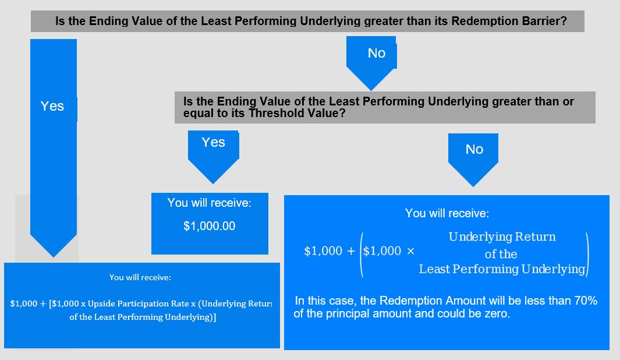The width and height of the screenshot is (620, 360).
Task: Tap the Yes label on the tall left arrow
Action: tap(52, 106)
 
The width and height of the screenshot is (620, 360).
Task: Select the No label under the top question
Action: tap(377, 53)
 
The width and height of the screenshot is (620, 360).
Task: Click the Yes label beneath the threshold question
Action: tap(214, 142)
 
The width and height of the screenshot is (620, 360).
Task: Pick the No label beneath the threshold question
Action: tap(474, 149)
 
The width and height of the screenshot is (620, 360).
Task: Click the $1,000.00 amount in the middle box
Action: tap(209, 226)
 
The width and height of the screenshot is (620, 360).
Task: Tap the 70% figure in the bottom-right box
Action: tap(586, 301)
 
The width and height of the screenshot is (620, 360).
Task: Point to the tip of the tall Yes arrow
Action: tap(54, 257)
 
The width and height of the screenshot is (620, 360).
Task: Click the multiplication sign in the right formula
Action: tap(410, 251)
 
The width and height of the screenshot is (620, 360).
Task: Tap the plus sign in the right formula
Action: tap(350, 251)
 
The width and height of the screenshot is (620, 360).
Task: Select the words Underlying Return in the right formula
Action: tap(502, 237)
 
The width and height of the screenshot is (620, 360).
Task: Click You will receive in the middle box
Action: tap(209, 203)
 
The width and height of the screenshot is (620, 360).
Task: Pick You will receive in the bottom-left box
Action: tap(140, 277)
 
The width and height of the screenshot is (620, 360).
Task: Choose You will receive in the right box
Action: tap(447, 213)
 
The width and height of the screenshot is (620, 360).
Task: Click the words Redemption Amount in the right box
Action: tap(433, 301)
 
